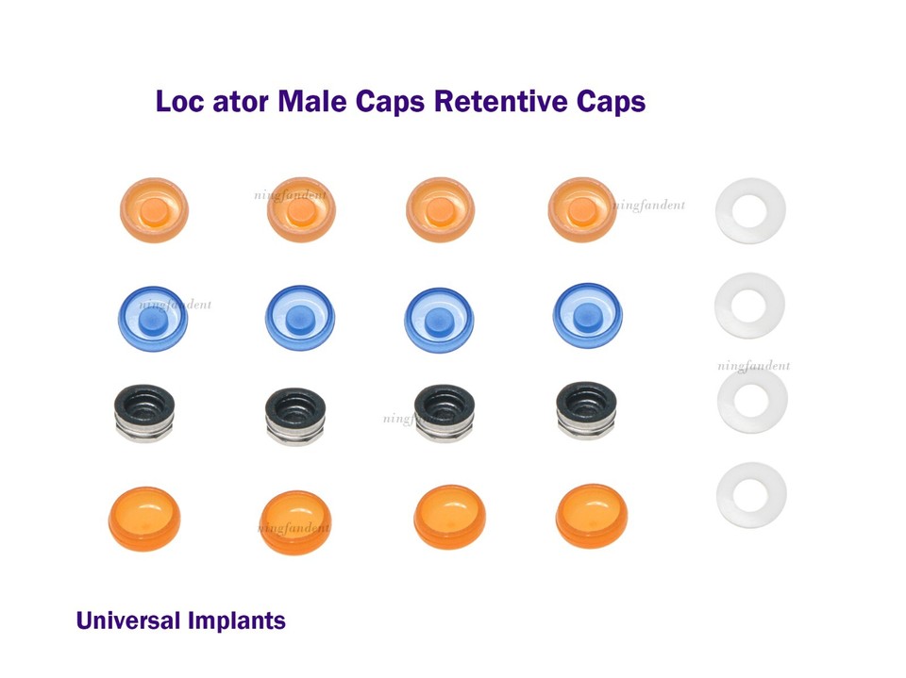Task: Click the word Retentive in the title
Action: click(x=490, y=102)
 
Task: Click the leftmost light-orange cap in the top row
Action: click(x=154, y=210)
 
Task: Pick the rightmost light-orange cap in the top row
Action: click(x=582, y=210)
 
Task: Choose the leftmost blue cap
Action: click(x=152, y=318)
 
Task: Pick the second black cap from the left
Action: click(x=296, y=414)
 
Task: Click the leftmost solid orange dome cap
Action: click(x=144, y=519)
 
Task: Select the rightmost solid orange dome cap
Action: click(x=592, y=516)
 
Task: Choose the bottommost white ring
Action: click(x=750, y=494)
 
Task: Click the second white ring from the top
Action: click(x=750, y=306)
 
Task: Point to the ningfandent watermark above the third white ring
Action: click(x=753, y=366)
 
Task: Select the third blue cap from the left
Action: click(x=439, y=320)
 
